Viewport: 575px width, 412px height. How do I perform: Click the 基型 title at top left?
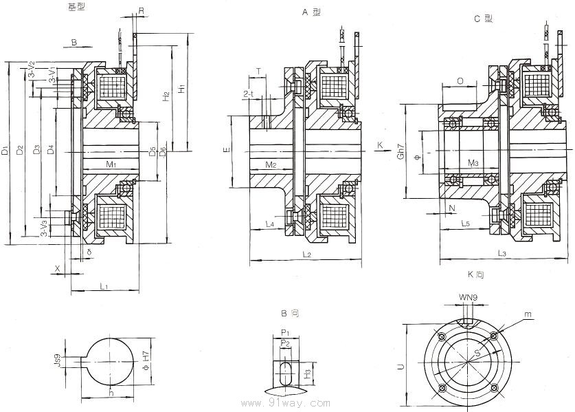77,7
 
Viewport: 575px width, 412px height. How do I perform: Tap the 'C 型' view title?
484,19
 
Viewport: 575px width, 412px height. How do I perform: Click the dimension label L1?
102,285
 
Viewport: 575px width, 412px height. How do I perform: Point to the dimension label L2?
306,255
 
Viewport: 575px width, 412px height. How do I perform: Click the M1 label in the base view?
111,164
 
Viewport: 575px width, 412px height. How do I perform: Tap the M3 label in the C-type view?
473,163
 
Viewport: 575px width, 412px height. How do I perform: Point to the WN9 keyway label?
469,298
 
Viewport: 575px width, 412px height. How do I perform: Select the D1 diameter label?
5,150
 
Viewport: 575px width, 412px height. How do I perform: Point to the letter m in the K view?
528,314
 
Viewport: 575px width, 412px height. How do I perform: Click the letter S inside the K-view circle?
475,354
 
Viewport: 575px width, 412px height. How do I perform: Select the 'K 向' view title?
475,274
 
